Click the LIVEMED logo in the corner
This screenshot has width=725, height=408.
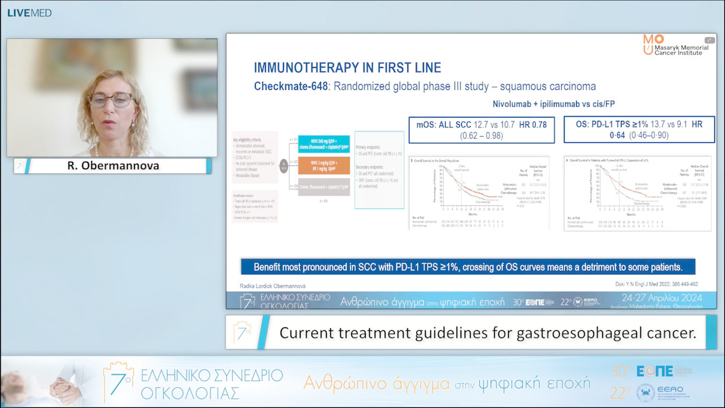pos(29,13)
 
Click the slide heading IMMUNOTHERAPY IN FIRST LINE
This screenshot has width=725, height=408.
pos(347,68)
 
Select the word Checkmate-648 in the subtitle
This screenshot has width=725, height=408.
pos(291,87)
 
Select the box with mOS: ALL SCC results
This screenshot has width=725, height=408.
pos(481,130)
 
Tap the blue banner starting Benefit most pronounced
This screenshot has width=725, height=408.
pos(467,266)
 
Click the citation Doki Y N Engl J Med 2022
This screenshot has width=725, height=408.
pos(656,285)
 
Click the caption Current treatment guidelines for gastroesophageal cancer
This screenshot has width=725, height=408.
pos(487,332)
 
